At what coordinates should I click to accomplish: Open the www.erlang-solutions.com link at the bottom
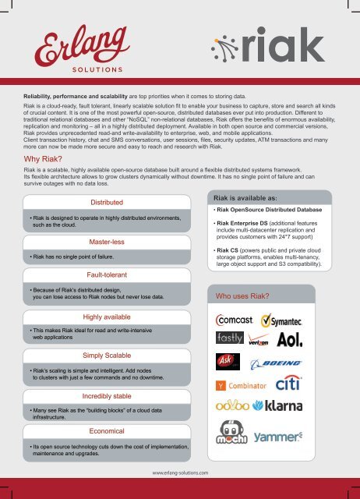tap(180, 472)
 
